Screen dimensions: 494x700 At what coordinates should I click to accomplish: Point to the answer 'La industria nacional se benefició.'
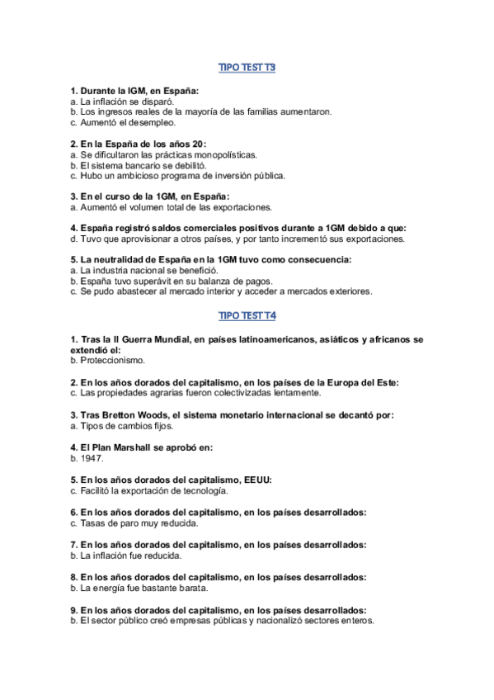coord(143,270)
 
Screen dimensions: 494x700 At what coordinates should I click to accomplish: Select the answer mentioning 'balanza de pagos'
coord(164,281)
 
